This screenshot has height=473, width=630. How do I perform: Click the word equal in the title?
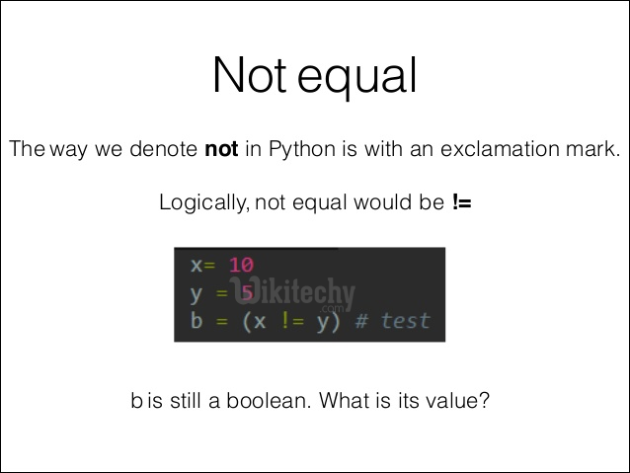click(356, 77)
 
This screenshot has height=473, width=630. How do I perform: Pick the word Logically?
click(203, 204)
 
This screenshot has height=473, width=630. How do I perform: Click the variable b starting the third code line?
click(196, 321)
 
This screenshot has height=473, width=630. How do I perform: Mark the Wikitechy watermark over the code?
click(296, 293)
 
